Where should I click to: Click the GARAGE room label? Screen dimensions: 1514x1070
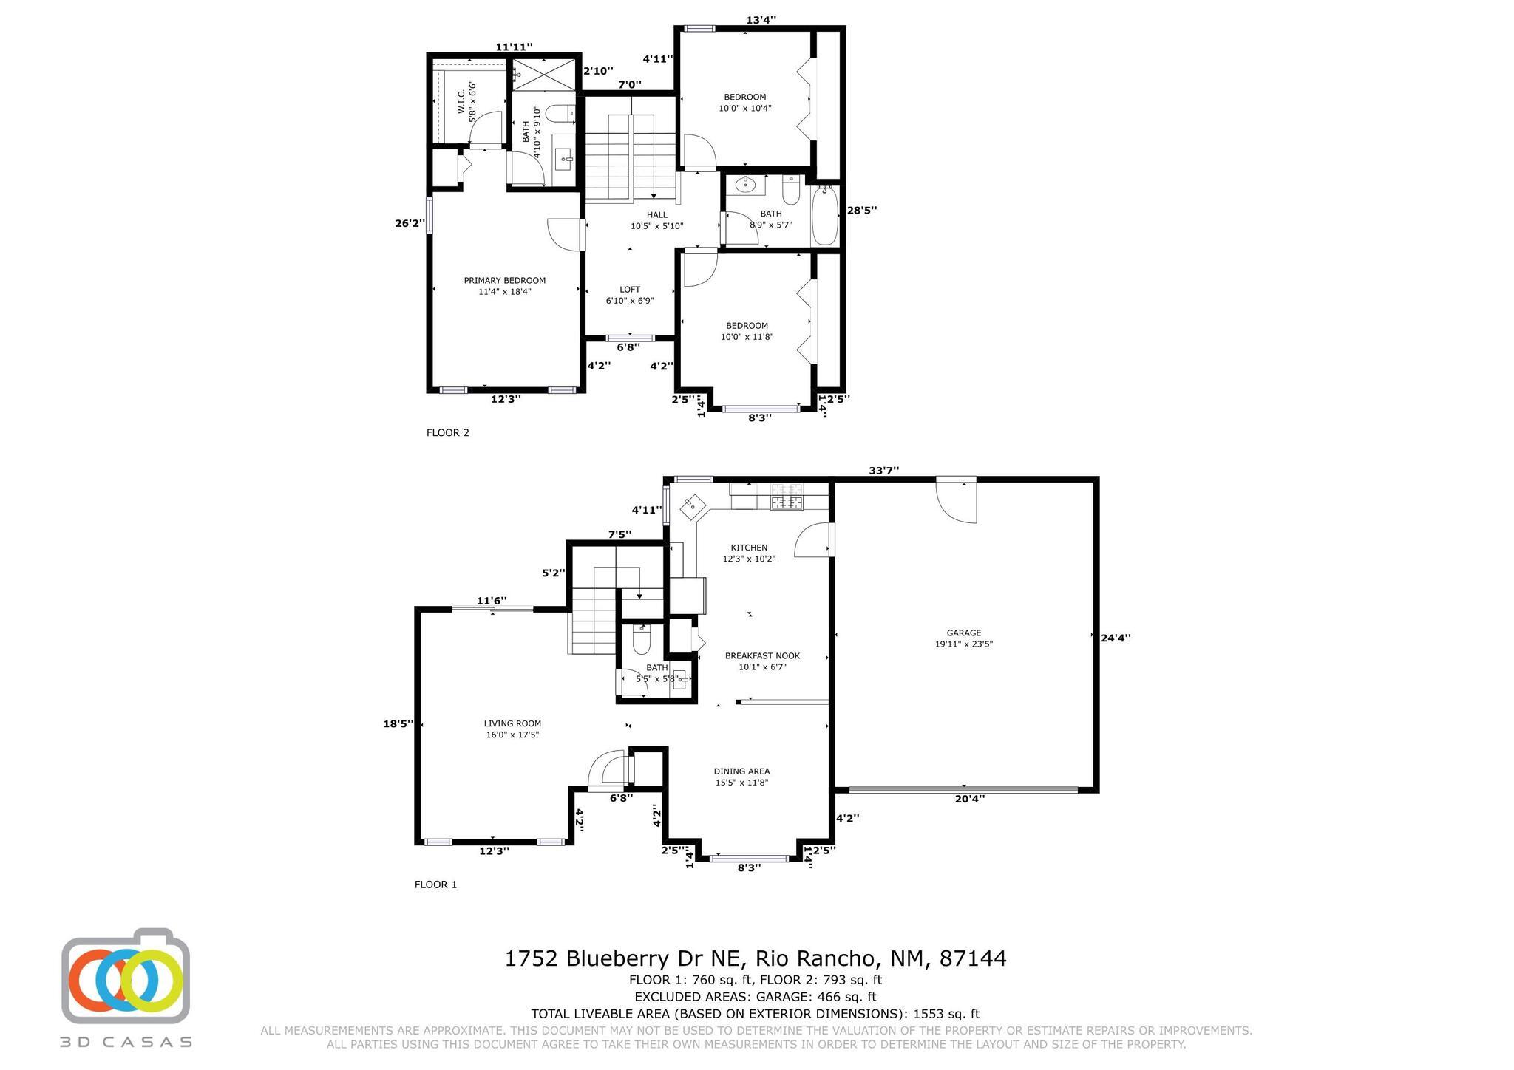click(964, 633)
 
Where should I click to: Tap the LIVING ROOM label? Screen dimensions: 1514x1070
click(512, 723)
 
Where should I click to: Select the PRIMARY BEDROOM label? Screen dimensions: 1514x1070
click(505, 280)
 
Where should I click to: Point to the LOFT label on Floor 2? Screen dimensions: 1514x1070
click(630, 290)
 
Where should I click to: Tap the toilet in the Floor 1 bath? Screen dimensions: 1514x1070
click(641, 640)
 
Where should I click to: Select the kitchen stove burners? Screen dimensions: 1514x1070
click(787, 497)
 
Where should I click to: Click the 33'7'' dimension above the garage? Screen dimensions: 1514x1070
click(883, 471)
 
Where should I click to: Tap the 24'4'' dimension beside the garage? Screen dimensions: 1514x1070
click(1116, 638)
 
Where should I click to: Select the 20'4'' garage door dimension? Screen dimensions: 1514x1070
click(969, 798)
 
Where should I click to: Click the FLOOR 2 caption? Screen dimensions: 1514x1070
click(448, 432)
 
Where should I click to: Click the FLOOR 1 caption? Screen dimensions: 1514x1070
click(436, 884)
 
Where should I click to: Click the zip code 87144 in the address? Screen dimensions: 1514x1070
click(973, 958)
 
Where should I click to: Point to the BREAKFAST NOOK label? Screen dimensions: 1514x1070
click(762, 655)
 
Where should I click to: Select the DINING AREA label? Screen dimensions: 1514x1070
click(741, 771)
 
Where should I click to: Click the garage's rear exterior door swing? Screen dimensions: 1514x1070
click(957, 502)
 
